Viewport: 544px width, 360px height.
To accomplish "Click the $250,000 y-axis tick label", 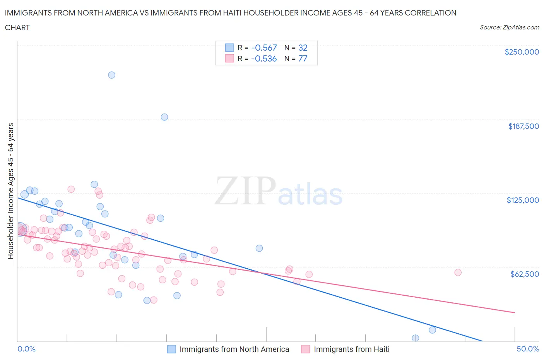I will pyautogui.click(x=522, y=52).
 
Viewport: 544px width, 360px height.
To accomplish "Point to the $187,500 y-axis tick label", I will pyautogui.click(x=523, y=126).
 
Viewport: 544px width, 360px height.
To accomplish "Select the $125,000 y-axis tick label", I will pyautogui.click(x=523, y=200).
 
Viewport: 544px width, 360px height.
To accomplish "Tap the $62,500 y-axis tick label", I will pyautogui.click(x=524, y=274).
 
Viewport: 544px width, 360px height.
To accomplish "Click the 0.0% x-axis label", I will pyautogui.click(x=26, y=349).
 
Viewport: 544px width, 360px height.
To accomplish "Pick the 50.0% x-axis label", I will pyautogui.click(x=528, y=349).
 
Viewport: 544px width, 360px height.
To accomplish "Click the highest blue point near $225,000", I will pyautogui.click(x=111, y=75).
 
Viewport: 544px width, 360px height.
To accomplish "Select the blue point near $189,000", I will pyautogui.click(x=164, y=117).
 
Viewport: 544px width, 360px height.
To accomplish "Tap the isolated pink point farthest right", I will pyautogui.click(x=458, y=273).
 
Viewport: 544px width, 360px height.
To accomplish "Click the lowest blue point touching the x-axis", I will pyautogui.click(x=415, y=338).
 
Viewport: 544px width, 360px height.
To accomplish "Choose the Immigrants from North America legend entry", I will pyautogui.click(x=228, y=349).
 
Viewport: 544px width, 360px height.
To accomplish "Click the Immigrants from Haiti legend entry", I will pyautogui.click(x=346, y=349).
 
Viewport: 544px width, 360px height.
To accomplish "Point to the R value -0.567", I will pyautogui.click(x=264, y=48).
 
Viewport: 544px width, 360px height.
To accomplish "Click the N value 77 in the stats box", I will pyautogui.click(x=303, y=58).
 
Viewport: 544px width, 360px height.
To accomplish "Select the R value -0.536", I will pyautogui.click(x=264, y=58).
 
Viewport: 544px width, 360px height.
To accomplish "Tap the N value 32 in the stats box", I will pyautogui.click(x=303, y=48).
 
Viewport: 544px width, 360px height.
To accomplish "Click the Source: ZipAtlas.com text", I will pyautogui.click(x=509, y=27).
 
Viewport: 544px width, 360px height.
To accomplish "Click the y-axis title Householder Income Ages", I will pyautogui.click(x=10, y=191).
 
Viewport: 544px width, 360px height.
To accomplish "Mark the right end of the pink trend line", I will pyautogui.click(x=515, y=312).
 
